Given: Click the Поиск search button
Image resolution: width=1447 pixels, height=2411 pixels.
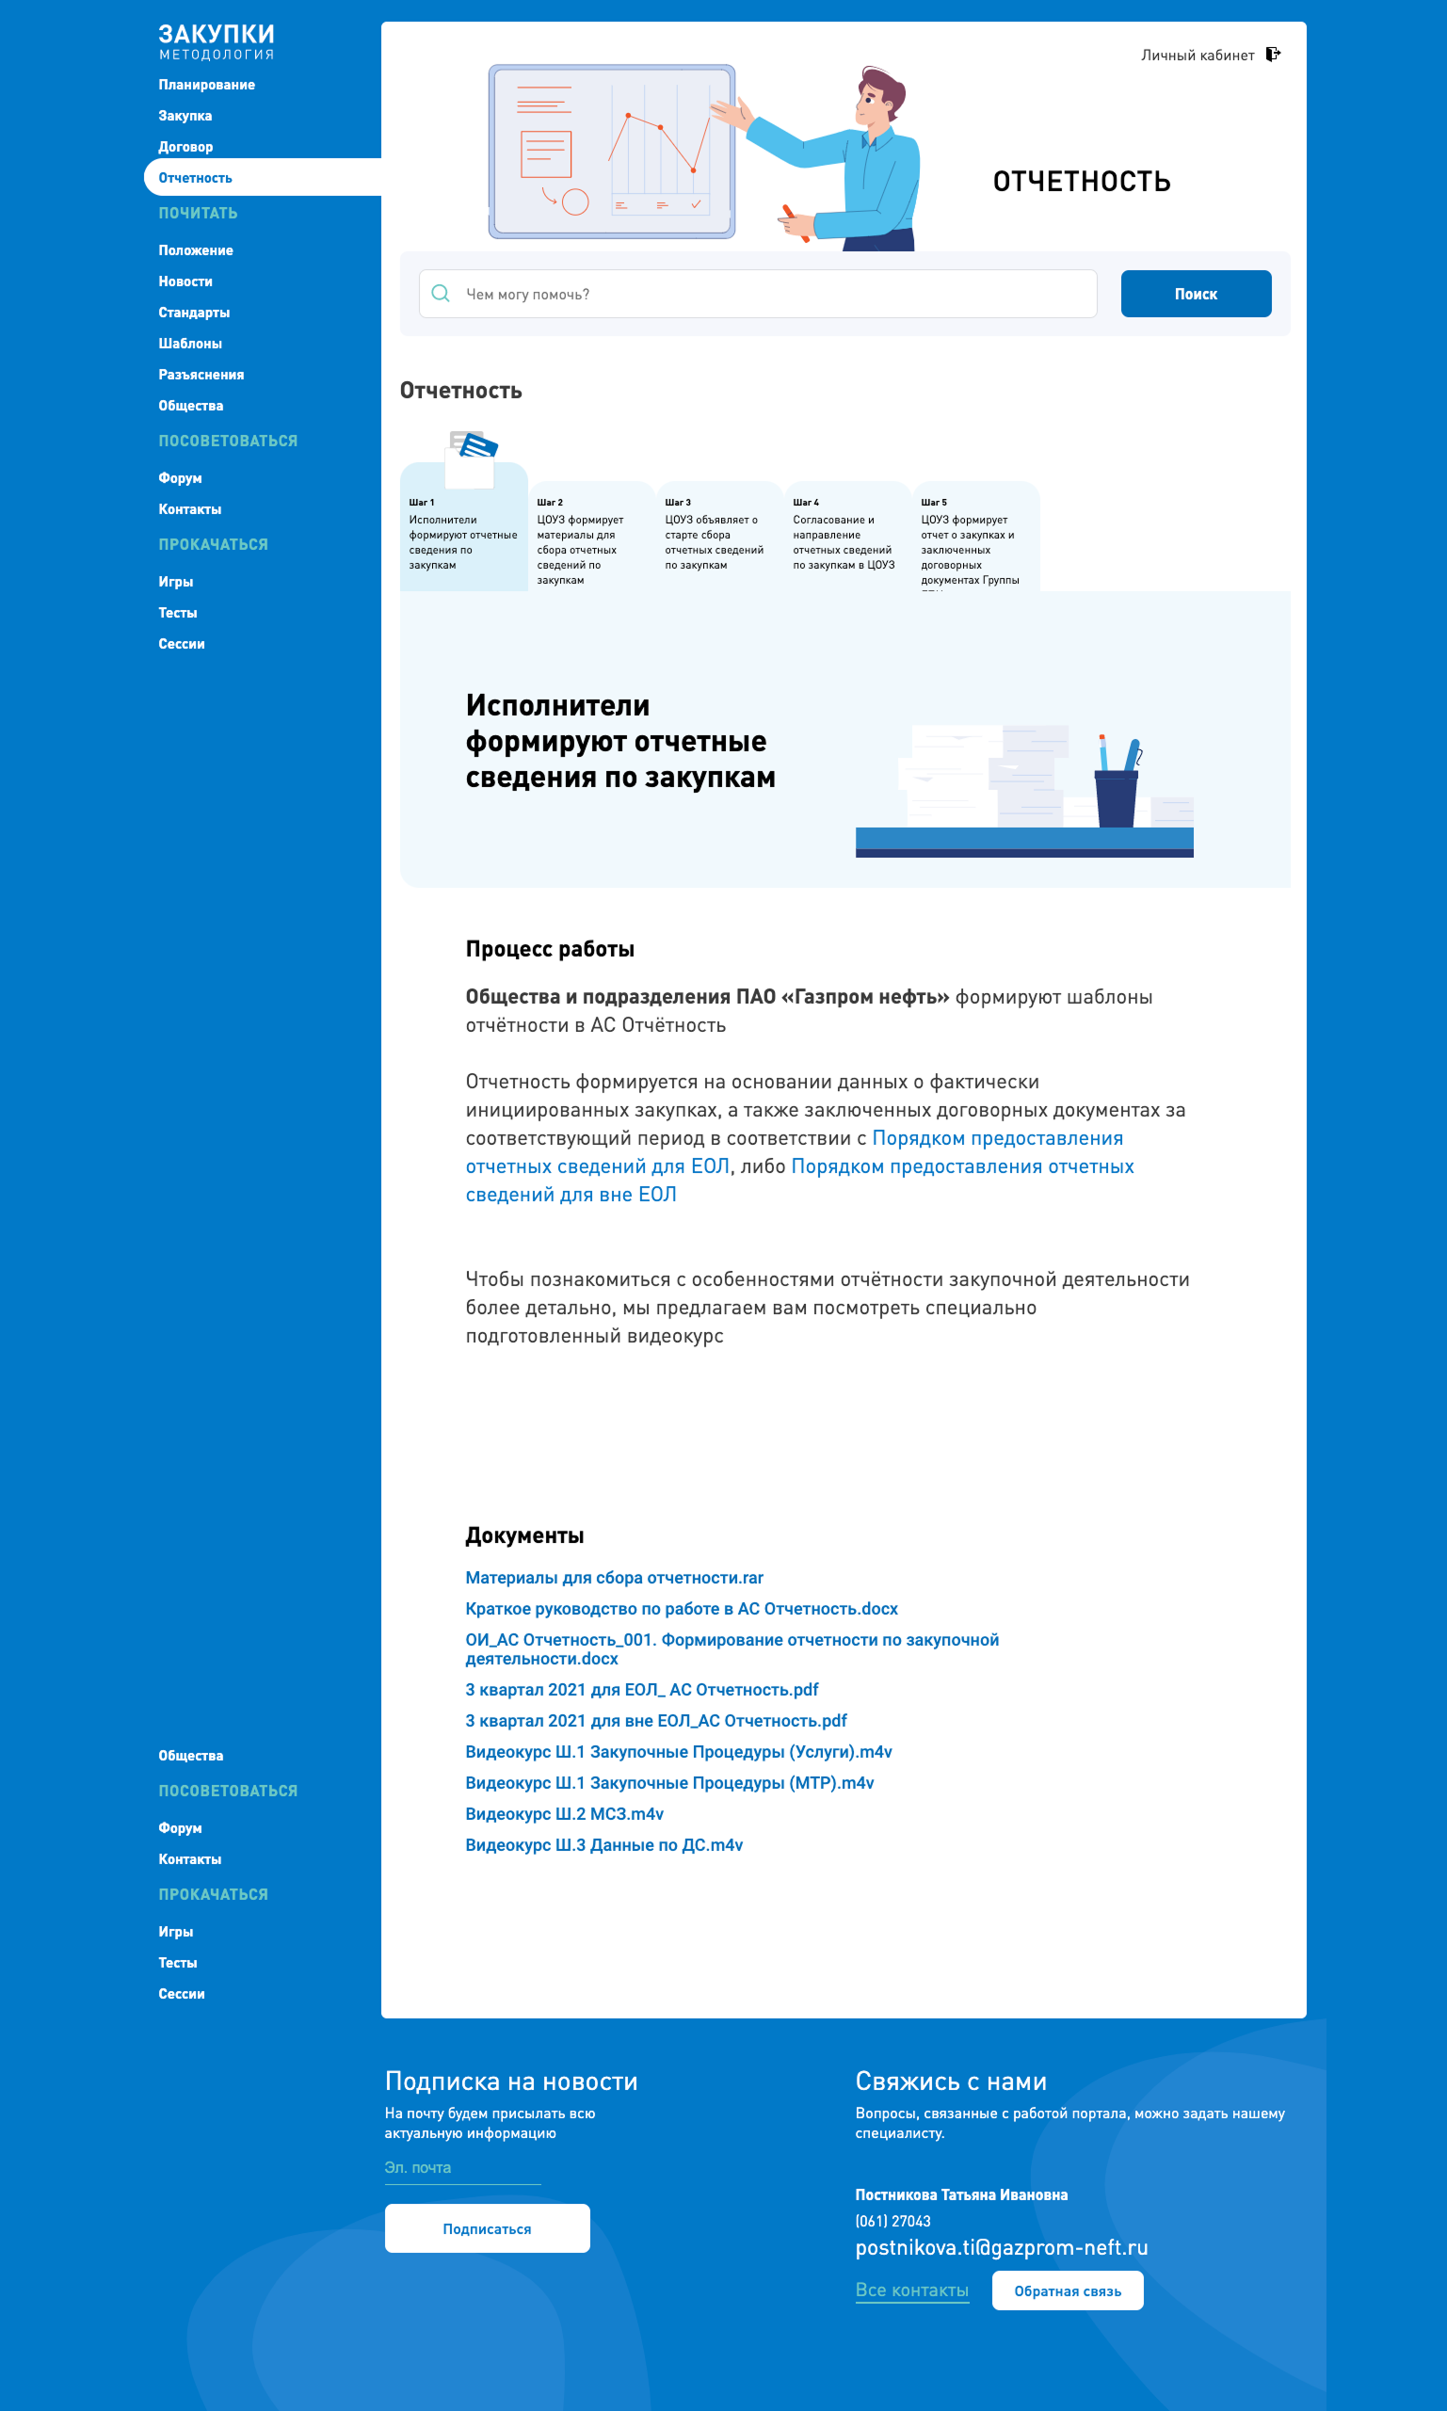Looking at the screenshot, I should (1196, 294).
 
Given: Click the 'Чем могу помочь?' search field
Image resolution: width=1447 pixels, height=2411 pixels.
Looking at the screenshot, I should (770, 294).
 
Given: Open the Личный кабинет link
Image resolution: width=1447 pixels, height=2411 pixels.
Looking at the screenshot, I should (1198, 56).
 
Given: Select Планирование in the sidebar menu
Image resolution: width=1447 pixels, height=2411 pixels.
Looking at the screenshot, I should (207, 85).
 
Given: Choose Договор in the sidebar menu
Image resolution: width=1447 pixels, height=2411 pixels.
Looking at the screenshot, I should (185, 147).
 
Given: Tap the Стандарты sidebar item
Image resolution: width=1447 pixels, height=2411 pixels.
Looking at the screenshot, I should (194, 313).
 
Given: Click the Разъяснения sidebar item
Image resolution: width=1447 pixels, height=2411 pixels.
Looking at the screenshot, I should (201, 376).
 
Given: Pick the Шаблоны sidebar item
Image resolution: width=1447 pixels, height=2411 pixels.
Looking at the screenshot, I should (190, 345).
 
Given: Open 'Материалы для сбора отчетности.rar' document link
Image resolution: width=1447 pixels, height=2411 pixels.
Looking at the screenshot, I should (614, 1578).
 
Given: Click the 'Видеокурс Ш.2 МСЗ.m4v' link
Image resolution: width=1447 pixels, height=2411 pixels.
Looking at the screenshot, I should (565, 1813).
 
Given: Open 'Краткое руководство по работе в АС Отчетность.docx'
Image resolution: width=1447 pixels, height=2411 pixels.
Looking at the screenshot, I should (682, 1609).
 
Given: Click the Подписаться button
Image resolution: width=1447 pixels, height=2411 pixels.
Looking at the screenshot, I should (487, 2228).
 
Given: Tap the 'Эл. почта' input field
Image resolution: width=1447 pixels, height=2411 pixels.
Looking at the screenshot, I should (462, 2168).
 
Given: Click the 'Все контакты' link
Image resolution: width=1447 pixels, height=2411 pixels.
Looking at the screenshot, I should (911, 2290).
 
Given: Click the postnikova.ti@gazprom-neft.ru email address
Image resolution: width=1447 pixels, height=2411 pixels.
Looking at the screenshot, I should (1002, 2247).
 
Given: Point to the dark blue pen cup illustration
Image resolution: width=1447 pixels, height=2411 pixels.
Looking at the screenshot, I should (1116, 798).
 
